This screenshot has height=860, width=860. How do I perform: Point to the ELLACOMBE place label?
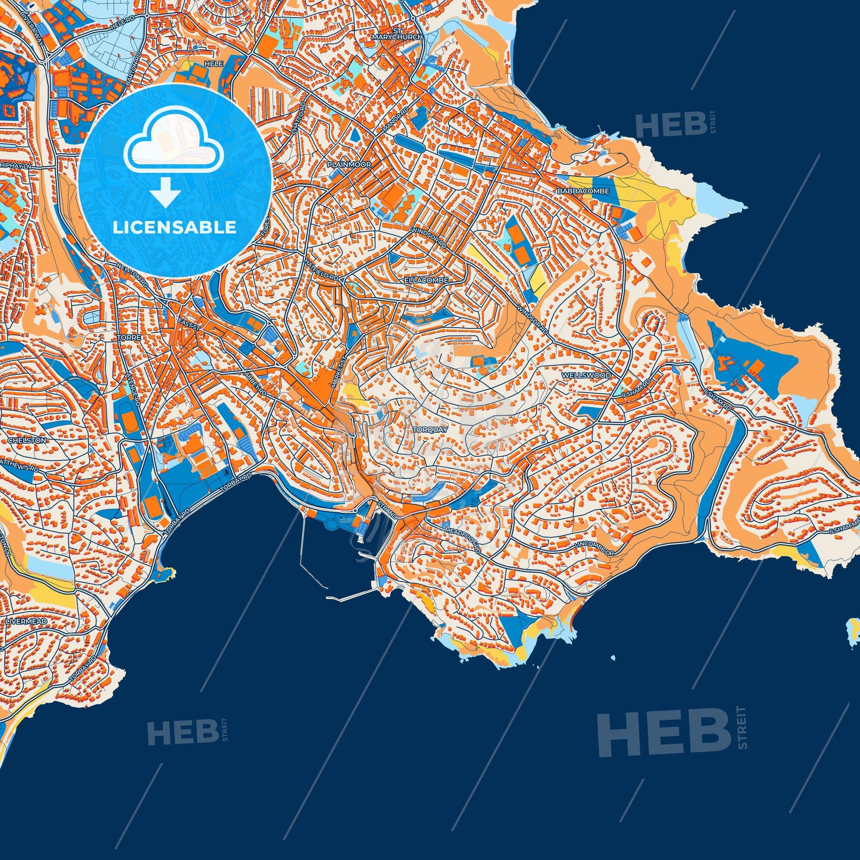(426, 281)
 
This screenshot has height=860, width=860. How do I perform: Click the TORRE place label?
(129, 337)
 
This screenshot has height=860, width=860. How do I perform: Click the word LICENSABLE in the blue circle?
(175, 228)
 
